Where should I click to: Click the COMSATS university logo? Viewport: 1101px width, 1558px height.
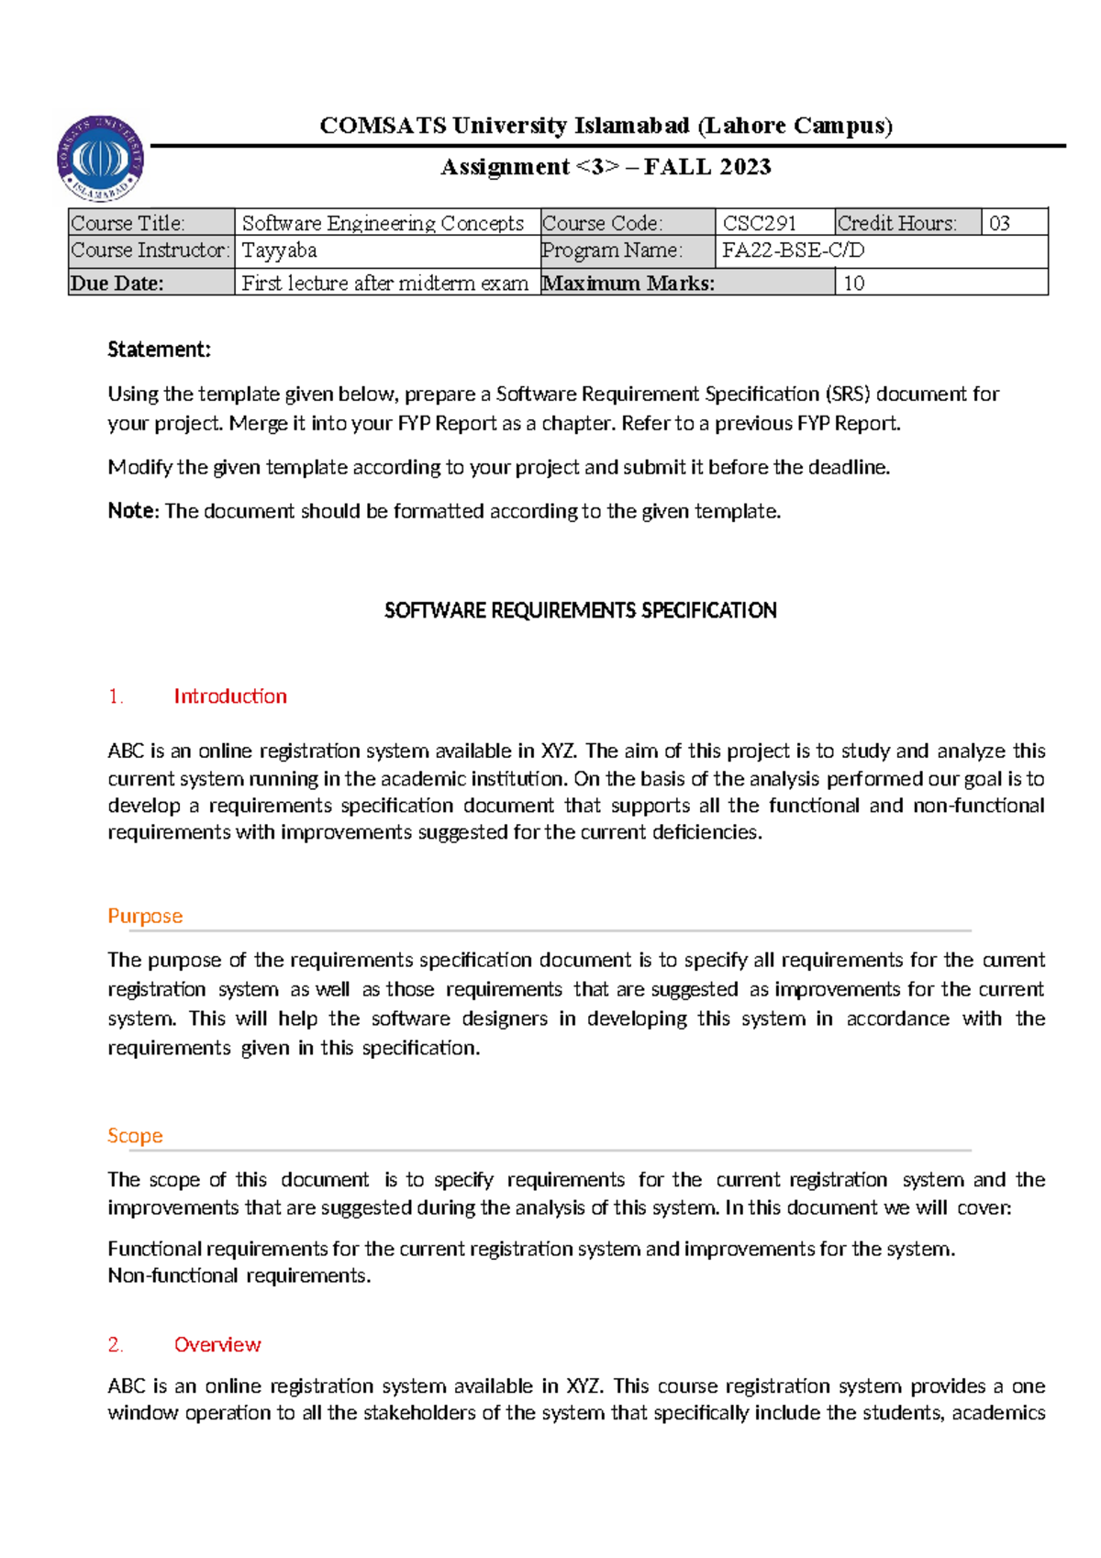coord(100,159)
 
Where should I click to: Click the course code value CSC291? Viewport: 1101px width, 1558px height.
coord(760,223)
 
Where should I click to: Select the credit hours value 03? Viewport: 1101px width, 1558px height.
coord(999,223)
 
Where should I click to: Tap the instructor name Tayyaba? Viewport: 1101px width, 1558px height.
coord(279,250)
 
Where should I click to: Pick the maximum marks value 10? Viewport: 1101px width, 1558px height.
coord(853,283)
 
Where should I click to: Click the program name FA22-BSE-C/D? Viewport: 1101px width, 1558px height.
coord(793,250)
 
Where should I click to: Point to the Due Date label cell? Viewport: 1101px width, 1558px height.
coord(117,283)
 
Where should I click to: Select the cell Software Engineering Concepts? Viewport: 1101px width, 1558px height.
coord(383,223)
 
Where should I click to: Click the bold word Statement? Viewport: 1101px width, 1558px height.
coord(159,350)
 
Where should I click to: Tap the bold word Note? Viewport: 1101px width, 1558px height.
coord(133,511)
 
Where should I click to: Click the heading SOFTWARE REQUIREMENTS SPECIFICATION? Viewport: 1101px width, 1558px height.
coord(580,610)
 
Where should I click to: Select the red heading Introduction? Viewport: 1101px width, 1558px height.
coord(230,696)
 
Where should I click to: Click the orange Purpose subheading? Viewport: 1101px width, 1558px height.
coord(145,916)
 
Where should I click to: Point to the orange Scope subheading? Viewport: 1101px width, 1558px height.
coord(135,1136)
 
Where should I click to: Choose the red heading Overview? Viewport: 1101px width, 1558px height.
coord(217,1344)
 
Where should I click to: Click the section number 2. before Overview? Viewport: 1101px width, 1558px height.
coord(116,1344)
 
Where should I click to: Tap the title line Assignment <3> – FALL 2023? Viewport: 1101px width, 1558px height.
coord(606,167)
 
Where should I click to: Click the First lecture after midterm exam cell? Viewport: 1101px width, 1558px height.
coord(384,283)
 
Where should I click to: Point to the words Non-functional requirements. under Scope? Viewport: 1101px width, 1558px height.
coord(239,1275)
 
